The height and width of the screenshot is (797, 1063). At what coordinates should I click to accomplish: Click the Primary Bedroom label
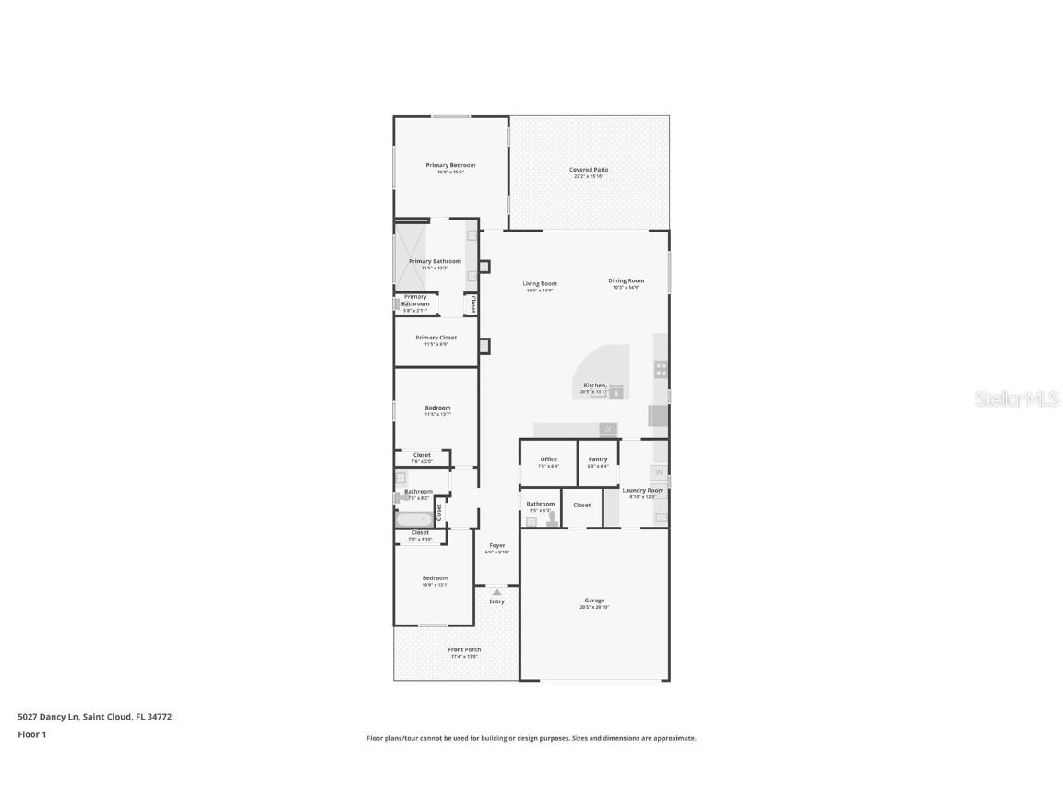click(x=450, y=166)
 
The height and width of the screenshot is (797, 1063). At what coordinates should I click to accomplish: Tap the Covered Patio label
click(x=589, y=170)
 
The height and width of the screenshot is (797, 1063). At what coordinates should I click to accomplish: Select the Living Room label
click(x=540, y=284)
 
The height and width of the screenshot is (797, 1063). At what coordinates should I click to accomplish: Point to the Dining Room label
click(x=626, y=281)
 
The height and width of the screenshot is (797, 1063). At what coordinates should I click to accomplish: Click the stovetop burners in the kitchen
click(x=662, y=369)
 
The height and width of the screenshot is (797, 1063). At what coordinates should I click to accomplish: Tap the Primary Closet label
click(x=436, y=339)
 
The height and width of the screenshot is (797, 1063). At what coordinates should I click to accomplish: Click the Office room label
click(x=549, y=459)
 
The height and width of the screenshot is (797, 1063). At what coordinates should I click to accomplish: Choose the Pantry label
click(x=598, y=459)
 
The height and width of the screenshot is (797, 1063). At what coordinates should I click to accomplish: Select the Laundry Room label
click(x=643, y=491)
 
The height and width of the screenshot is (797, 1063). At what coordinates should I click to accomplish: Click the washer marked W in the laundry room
click(x=659, y=473)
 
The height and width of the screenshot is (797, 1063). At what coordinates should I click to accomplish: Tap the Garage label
click(x=594, y=601)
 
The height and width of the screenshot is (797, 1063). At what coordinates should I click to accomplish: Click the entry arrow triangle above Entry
click(x=496, y=591)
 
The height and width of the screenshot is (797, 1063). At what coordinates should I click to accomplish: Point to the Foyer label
click(x=496, y=546)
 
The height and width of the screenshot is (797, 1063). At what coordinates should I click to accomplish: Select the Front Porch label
click(x=464, y=650)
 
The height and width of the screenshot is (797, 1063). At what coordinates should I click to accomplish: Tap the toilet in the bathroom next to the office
click(x=551, y=520)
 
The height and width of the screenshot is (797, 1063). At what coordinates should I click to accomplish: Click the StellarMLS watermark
click(x=1010, y=398)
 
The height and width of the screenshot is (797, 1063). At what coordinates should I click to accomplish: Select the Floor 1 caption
click(x=31, y=735)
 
